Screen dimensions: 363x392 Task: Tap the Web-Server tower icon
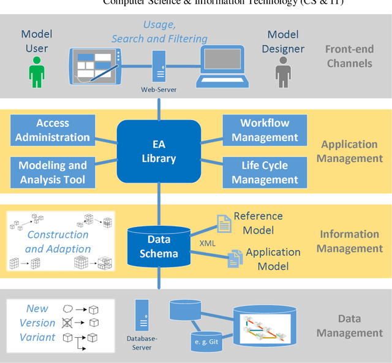(159, 66)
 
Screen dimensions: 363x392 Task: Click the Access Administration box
(52, 131)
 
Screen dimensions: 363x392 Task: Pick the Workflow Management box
(265, 131)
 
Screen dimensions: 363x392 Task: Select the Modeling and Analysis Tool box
(52, 172)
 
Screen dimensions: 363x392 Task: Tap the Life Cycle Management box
(265, 172)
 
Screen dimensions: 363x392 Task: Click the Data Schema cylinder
(159, 246)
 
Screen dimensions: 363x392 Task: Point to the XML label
(208, 243)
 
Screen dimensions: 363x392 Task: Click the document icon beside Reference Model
(225, 224)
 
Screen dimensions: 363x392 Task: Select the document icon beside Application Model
(235, 259)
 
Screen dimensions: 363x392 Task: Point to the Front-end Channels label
(349, 56)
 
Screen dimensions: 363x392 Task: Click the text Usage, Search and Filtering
(159, 31)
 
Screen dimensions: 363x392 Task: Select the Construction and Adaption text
(58, 242)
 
